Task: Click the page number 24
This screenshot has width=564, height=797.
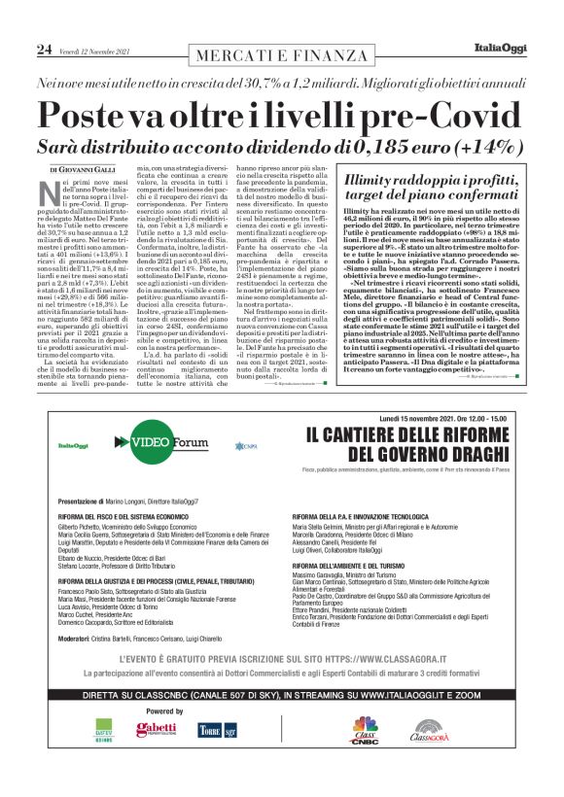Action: tap(44, 48)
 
